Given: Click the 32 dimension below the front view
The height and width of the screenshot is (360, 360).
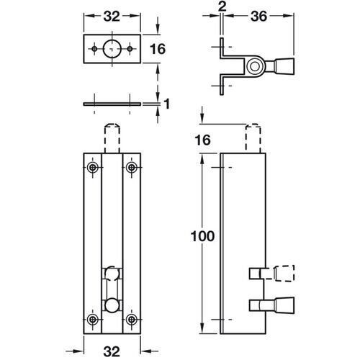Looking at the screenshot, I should [x=112, y=351].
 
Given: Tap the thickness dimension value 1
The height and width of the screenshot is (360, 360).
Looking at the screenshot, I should [x=167, y=104].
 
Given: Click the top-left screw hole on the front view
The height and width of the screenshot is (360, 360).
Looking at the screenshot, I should [x=93, y=168].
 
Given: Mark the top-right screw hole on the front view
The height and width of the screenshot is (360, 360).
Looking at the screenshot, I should [x=130, y=168].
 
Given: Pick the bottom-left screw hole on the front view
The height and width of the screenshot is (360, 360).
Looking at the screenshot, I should [x=93, y=320].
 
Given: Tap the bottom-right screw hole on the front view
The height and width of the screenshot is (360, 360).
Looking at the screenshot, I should [x=130, y=320].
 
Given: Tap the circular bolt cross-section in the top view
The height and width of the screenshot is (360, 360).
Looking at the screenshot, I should [x=253, y=67].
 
